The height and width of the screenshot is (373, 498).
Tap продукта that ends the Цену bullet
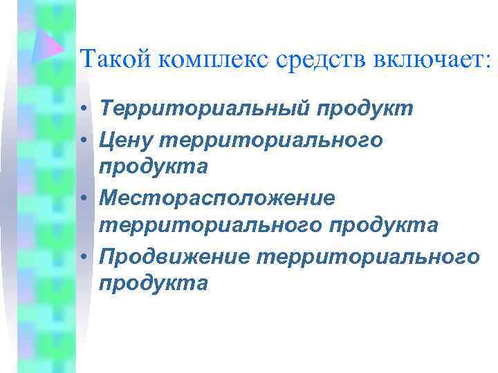pyautogui.click(x=153, y=168)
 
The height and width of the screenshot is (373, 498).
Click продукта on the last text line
pyautogui.click(x=153, y=284)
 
